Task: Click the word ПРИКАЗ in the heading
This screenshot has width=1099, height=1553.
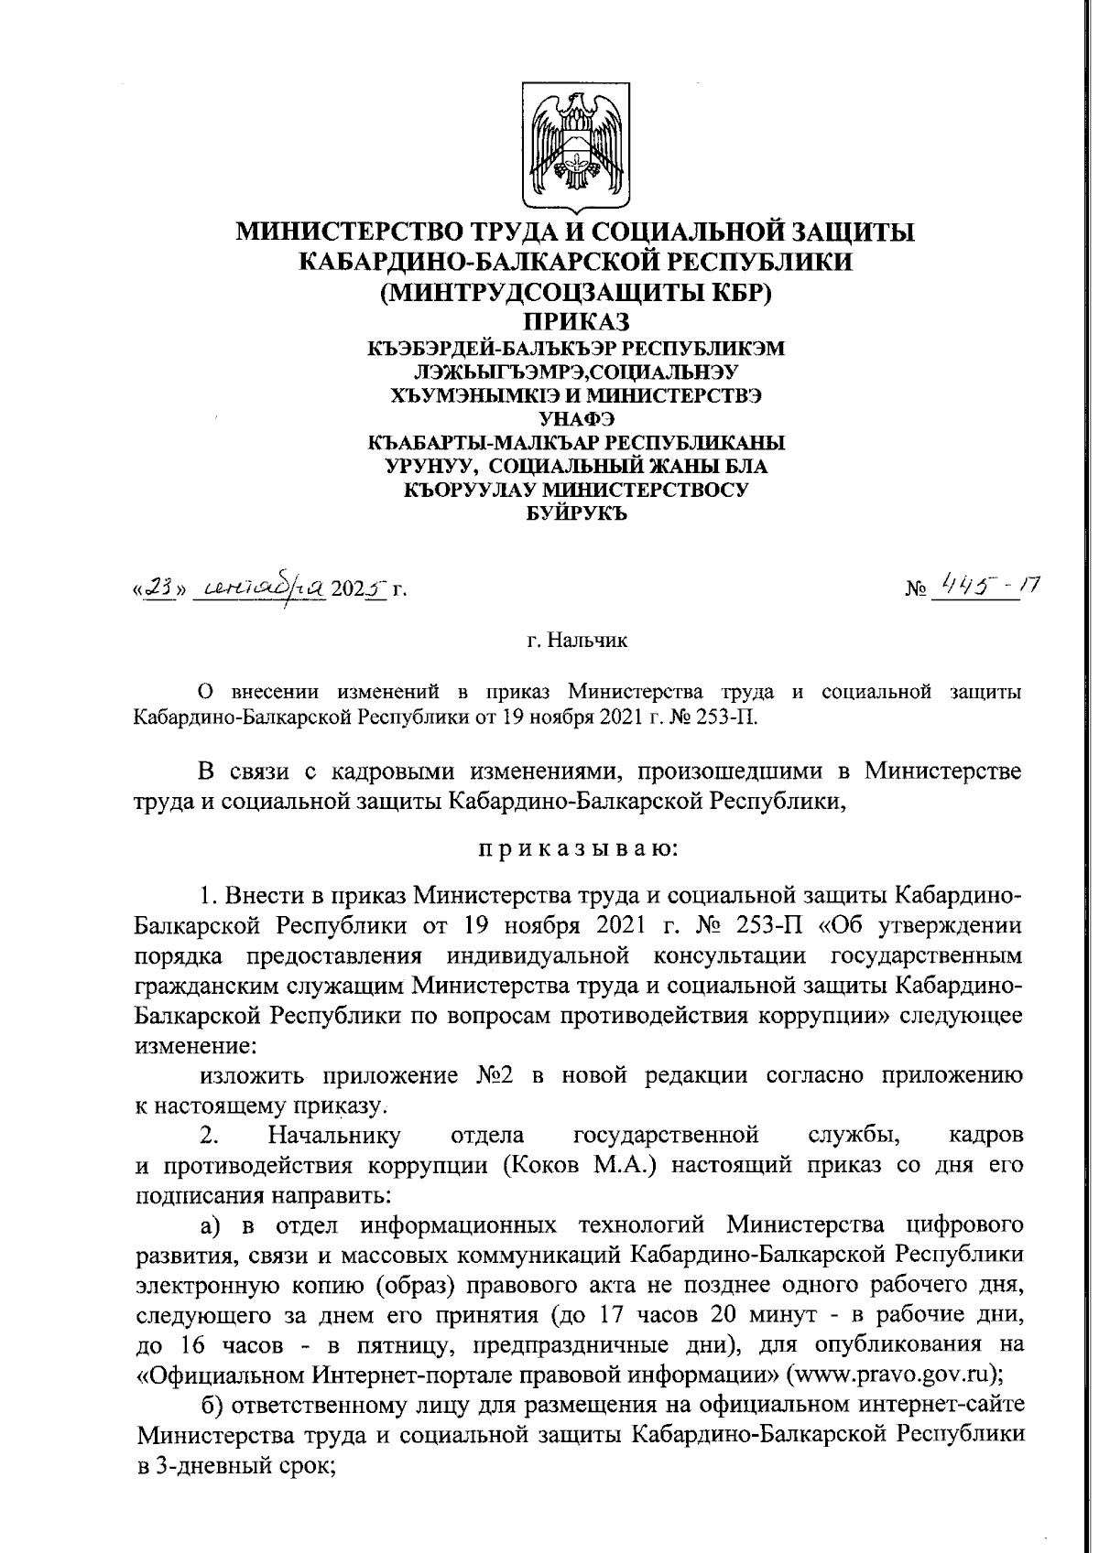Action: [576, 322]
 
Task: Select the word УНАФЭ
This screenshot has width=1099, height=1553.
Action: [576, 420]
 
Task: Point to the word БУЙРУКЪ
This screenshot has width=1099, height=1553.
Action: [576, 513]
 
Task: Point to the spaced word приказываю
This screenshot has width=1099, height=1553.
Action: [576, 848]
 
